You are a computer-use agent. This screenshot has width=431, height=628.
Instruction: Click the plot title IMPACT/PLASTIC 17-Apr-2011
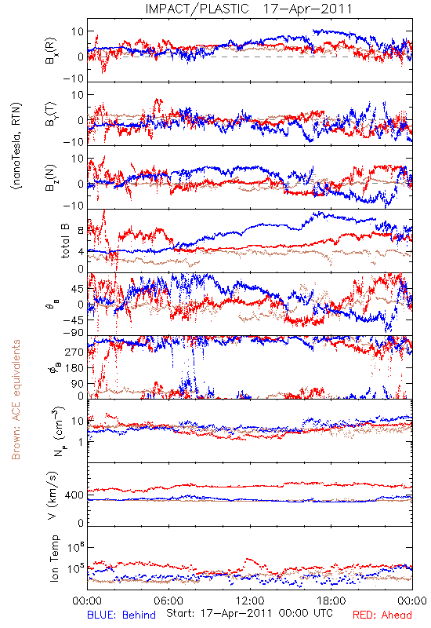coord(248,9)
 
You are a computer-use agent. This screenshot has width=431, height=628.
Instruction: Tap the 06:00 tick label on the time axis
coord(168,601)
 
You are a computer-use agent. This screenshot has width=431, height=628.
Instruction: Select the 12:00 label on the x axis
coord(250,601)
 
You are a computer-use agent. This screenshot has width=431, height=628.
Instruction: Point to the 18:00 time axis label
coord(331,601)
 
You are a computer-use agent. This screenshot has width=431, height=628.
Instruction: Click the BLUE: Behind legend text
coord(121,615)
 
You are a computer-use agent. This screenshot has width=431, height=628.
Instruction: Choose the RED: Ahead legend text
coord(382,615)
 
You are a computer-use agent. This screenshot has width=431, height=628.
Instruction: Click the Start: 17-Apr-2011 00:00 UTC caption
coord(249,613)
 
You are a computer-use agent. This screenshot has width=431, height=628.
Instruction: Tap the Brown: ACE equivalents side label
coord(15,400)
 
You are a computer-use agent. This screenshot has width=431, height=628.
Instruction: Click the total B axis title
coord(65,241)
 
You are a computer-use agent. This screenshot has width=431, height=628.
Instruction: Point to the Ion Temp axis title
coord(54,558)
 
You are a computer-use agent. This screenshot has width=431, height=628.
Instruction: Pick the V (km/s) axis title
coord(53,495)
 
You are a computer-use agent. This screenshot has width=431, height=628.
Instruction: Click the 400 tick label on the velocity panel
coord(74,495)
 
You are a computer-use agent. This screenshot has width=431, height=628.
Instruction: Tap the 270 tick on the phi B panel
coord(74,352)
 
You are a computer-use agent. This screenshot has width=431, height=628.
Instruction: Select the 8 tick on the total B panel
coord(81,230)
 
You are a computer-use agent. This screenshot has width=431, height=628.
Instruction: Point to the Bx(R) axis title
coord(51,50)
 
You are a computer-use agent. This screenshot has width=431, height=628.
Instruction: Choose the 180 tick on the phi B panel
coord(74,367)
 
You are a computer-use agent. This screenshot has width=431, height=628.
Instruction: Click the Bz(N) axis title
coord(51,177)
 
